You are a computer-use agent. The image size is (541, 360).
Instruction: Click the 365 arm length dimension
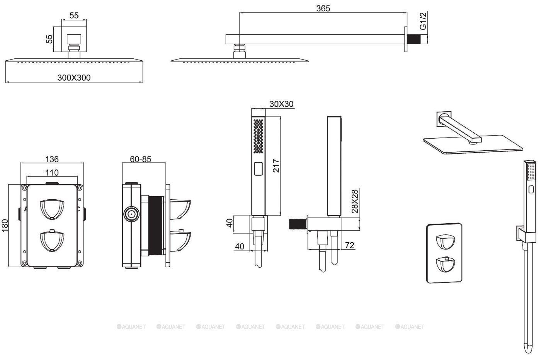[x=323, y=8]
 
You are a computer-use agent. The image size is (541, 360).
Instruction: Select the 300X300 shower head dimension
[x=74, y=78]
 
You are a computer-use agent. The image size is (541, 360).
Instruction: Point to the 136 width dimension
[x=52, y=159]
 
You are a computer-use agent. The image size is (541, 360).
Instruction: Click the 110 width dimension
[x=52, y=173]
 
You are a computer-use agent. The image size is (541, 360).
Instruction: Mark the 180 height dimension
[x=5, y=226]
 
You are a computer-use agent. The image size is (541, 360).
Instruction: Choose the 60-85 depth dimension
[x=140, y=159]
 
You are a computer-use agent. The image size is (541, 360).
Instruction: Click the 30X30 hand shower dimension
[x=282, y=104]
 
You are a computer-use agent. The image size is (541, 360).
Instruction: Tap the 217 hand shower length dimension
[x=275, y=165]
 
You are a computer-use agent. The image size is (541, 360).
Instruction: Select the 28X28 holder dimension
[x=355, y=201]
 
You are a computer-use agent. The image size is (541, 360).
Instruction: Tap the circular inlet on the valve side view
[x=131, y=214]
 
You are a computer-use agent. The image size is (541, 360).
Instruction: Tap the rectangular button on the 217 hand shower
[x=258, y=168]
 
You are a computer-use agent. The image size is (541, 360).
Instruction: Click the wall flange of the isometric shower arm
[x=444, y=118]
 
